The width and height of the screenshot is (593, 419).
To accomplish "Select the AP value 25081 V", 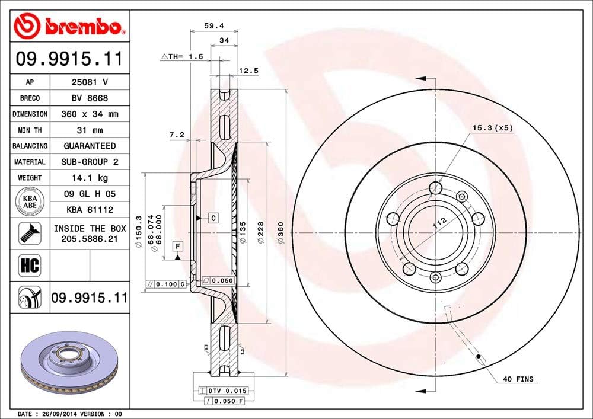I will click(x=90, y=82).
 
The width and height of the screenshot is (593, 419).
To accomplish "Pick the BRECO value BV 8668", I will click(x=90, y=98).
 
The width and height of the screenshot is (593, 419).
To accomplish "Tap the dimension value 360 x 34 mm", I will click(x=90, y=114).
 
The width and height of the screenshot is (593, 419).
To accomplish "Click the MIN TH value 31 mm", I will click(x=90, y=130).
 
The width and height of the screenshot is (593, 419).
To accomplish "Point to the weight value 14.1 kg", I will click(x=90, y=177).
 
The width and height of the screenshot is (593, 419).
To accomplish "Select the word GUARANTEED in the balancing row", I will click(x=90, y=146).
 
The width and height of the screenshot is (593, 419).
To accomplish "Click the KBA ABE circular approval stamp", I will click(x=30, y=201).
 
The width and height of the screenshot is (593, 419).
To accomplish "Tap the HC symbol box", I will click(x=30, y=265).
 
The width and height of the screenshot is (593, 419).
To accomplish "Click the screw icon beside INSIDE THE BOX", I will click(x=30, y=233).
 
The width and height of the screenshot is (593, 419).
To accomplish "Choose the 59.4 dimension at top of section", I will click(x=213, y=26).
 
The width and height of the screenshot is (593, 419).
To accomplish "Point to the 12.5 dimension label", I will click(x=248, y=71).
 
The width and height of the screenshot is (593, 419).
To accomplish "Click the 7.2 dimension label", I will click(x=176, y=135).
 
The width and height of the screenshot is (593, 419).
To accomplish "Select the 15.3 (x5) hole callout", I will click(x=492, y=127).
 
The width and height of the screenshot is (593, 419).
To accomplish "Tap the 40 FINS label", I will click(x=518, y=379).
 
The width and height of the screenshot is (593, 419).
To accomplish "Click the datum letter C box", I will click(x=213, y=218).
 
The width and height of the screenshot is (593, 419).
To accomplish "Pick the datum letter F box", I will click(x=176, y=245).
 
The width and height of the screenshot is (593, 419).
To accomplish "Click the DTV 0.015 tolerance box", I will click(x=224, y=391).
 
